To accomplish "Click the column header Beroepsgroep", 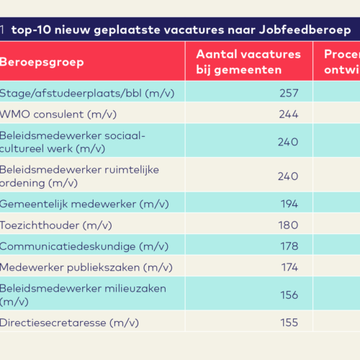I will click(41, 61).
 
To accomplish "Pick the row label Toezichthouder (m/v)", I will click(55, 225).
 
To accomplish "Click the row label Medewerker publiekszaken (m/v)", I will click(79, 268).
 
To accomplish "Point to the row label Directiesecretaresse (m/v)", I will click(69, 323).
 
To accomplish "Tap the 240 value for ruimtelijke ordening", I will click(288, 176).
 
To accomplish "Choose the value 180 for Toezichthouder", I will click(288, 225).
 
